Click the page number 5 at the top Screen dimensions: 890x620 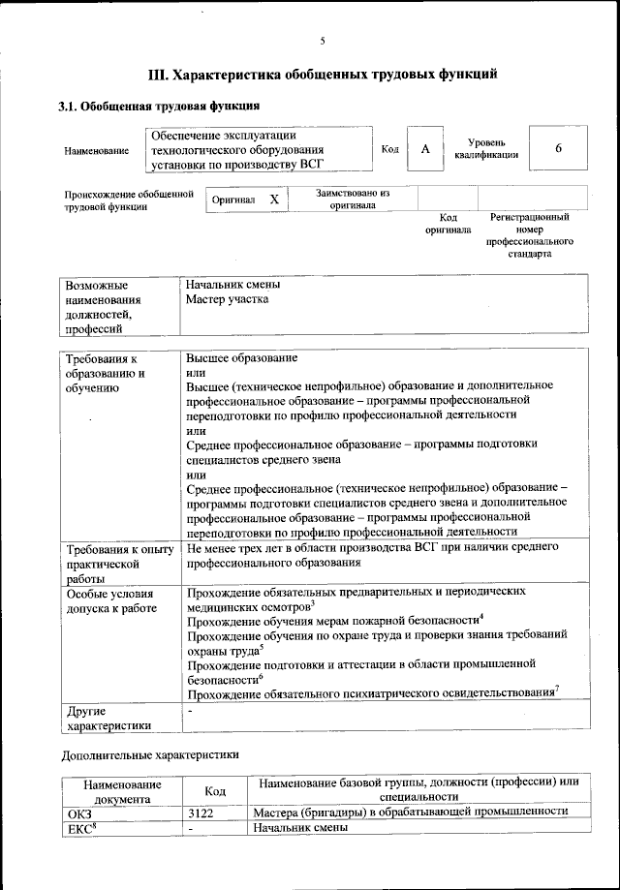(x=324, y=41)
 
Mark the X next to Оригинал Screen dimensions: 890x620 (x=274, y=199)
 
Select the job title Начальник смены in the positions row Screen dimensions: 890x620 (x=233, y=285)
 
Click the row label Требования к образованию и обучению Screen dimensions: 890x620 (x=105, y=374)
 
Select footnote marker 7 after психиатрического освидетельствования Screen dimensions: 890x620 (x=558, y=690)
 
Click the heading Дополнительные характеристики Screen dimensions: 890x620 (x=149, y=753)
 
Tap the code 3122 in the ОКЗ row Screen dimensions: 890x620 (x=201, y=813)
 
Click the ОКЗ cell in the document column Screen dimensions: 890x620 (x=77, y=813)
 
